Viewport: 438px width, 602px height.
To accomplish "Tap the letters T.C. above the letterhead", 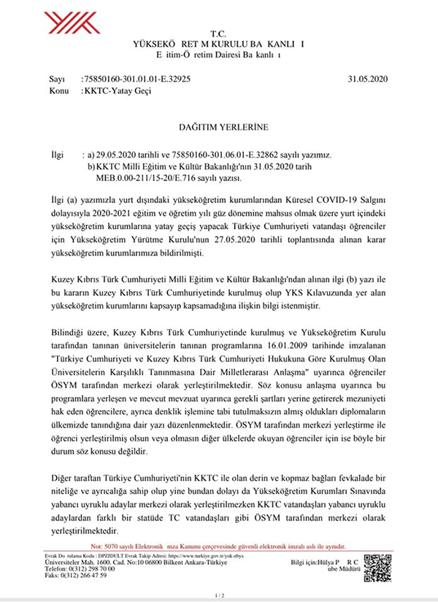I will point(219,34).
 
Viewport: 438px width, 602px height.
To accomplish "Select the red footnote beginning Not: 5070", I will point(219,545).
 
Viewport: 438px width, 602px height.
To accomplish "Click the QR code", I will point(377,567).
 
